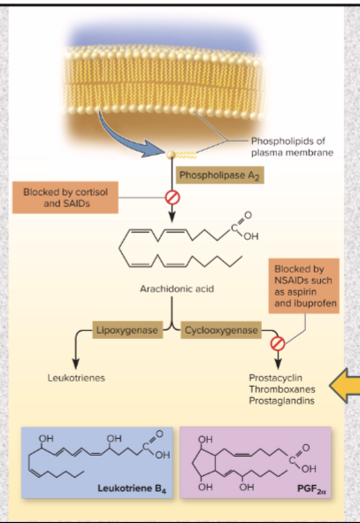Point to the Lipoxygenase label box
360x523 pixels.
pyautogui.click(x=129, y=330)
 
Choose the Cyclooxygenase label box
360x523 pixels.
pyautogui.click(x=221, y=330)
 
